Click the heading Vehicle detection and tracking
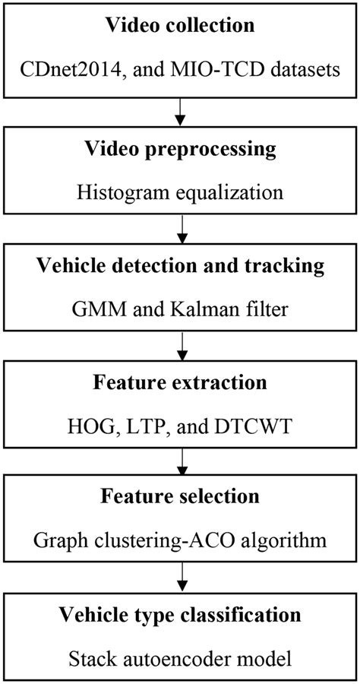coord(180,268)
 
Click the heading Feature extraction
coord(180,383)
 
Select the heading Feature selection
coord(180,499)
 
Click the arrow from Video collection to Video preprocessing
coord(180,111)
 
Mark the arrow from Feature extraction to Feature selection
coord(180,458)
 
